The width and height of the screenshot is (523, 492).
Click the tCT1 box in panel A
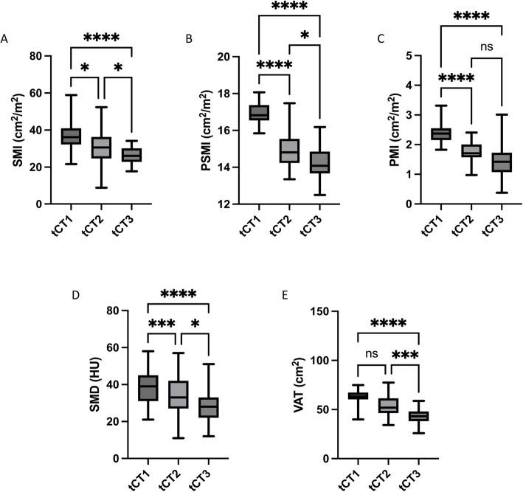pyautogui.click(x=72, y=136)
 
